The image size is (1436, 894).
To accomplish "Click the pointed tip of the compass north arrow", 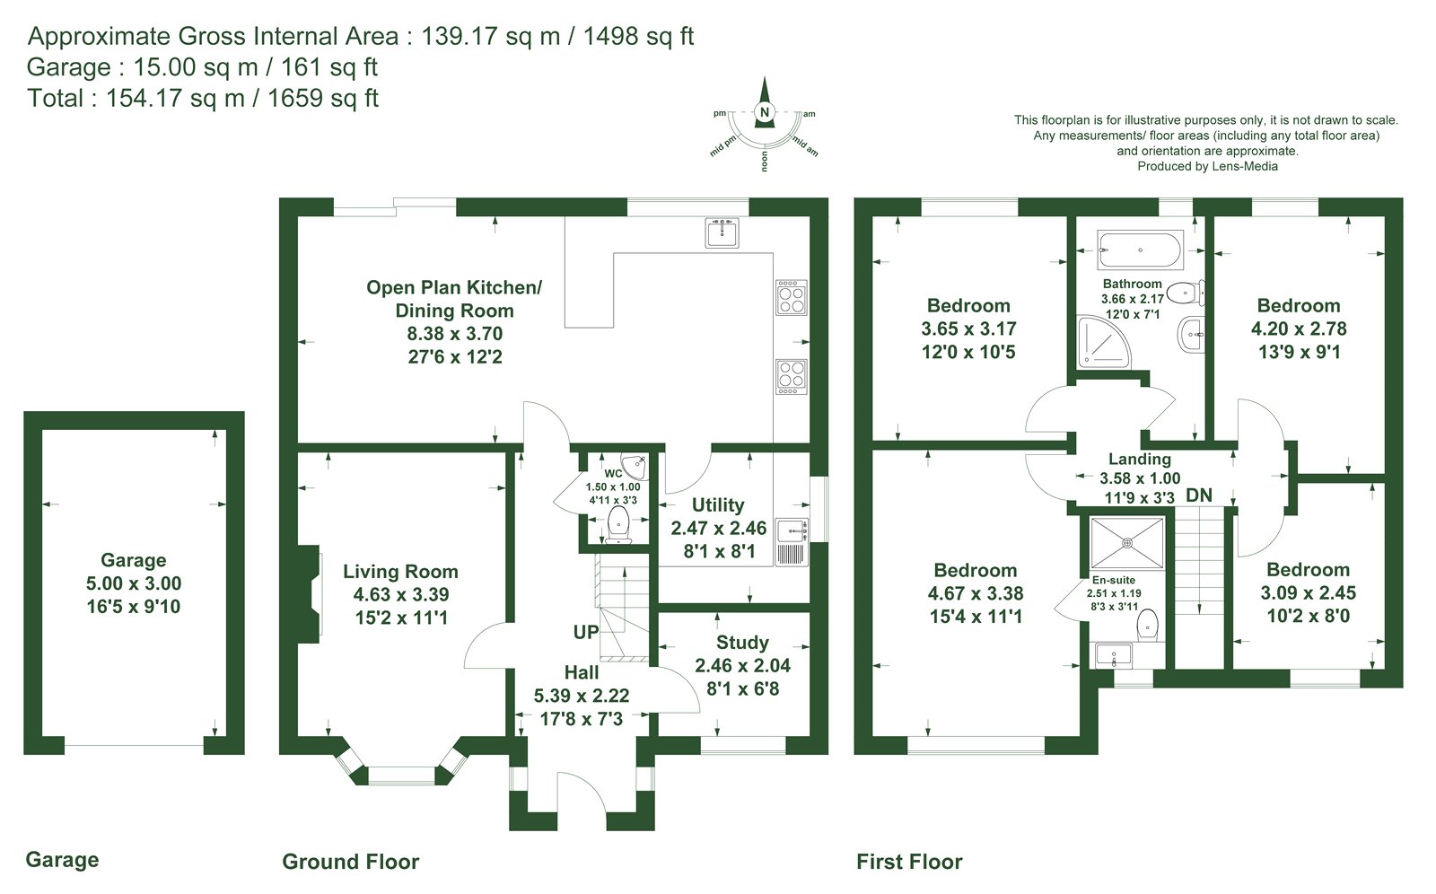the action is coord(764,77).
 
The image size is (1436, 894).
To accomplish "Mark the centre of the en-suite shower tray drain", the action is coord(1127,543).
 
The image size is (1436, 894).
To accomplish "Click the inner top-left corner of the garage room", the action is coord(42,430).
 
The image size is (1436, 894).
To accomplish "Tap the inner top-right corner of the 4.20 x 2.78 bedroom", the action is coord(1385,216).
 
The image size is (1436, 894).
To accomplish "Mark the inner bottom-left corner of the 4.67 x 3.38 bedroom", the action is coord(873,736).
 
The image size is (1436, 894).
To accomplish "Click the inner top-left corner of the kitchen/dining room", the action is coord(298,216).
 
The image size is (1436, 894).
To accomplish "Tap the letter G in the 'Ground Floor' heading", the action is coord(290,862).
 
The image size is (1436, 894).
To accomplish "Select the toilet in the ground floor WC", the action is coord(618,524).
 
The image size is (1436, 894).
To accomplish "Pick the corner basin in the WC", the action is coord(636,466).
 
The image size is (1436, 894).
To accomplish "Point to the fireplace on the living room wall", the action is coord(309,594).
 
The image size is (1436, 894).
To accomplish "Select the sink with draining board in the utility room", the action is coord(792,542).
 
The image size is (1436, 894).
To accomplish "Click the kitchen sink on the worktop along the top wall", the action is coord(722,232).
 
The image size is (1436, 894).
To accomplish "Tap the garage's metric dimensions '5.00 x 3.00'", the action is coord(134,583).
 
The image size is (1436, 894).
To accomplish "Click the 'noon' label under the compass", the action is coord(764,161).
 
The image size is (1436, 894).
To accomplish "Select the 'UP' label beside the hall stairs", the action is coord(585,632).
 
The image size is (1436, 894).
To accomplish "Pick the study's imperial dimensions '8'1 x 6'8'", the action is coord(743,688).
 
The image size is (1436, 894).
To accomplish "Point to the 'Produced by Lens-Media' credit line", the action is coord(1208,166).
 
